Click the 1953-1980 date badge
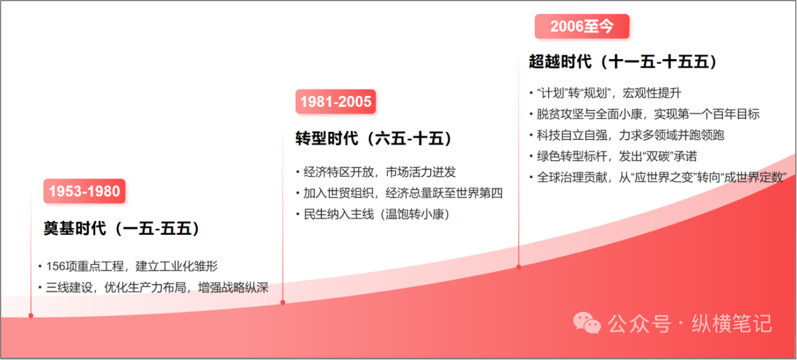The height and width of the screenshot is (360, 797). point(84,191)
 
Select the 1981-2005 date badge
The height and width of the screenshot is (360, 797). point(336,102)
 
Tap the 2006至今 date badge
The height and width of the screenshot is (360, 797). point(582,26)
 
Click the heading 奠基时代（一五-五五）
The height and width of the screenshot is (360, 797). point(121,229)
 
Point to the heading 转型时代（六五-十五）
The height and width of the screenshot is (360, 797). point(374,138)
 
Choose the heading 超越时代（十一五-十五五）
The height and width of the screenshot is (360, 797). point(623,62)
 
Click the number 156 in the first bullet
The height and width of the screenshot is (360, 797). point(55,267)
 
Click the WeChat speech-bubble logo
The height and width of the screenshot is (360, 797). point(587,323)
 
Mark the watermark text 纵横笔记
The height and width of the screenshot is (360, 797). point(732,324)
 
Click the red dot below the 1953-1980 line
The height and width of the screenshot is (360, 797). point(31,316)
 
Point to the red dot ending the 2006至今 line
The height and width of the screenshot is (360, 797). point(519,267)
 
